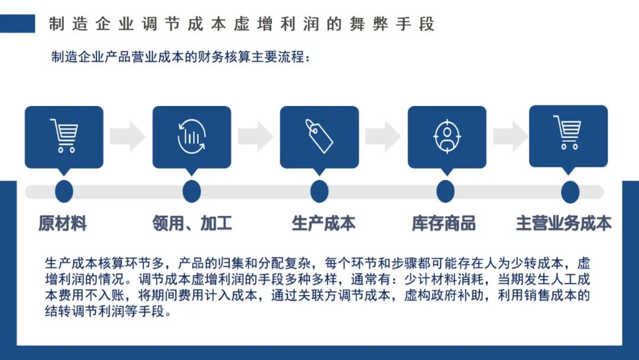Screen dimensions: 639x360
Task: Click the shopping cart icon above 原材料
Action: coord(64,136)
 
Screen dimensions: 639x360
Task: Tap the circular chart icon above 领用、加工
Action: coord(192,137)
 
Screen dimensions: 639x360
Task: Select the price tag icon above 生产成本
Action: coord(319,136)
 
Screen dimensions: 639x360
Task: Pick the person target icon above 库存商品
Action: coord(447,136)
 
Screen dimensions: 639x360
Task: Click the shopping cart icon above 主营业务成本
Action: coord(567,133)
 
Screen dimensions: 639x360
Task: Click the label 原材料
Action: coord(62,223)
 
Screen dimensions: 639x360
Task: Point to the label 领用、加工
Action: coord(192,223)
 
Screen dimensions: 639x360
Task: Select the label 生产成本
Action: coord(324,223)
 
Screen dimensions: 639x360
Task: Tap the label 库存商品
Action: coord(444,223)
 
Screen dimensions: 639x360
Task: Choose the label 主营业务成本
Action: coord(564,223)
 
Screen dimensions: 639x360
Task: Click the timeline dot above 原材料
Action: coord(64,191)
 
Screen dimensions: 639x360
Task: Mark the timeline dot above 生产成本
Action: coord(319,191)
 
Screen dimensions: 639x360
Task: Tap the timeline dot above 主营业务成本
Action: coord(570,192)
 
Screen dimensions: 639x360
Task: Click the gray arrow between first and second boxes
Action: coord(128,136)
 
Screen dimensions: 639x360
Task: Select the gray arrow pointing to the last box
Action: coord(511,136)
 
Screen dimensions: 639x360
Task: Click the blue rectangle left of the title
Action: coord(18,24)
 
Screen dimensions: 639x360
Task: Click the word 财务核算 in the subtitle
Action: coord(224,57)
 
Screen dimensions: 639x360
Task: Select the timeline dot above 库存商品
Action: coord(446,191)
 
